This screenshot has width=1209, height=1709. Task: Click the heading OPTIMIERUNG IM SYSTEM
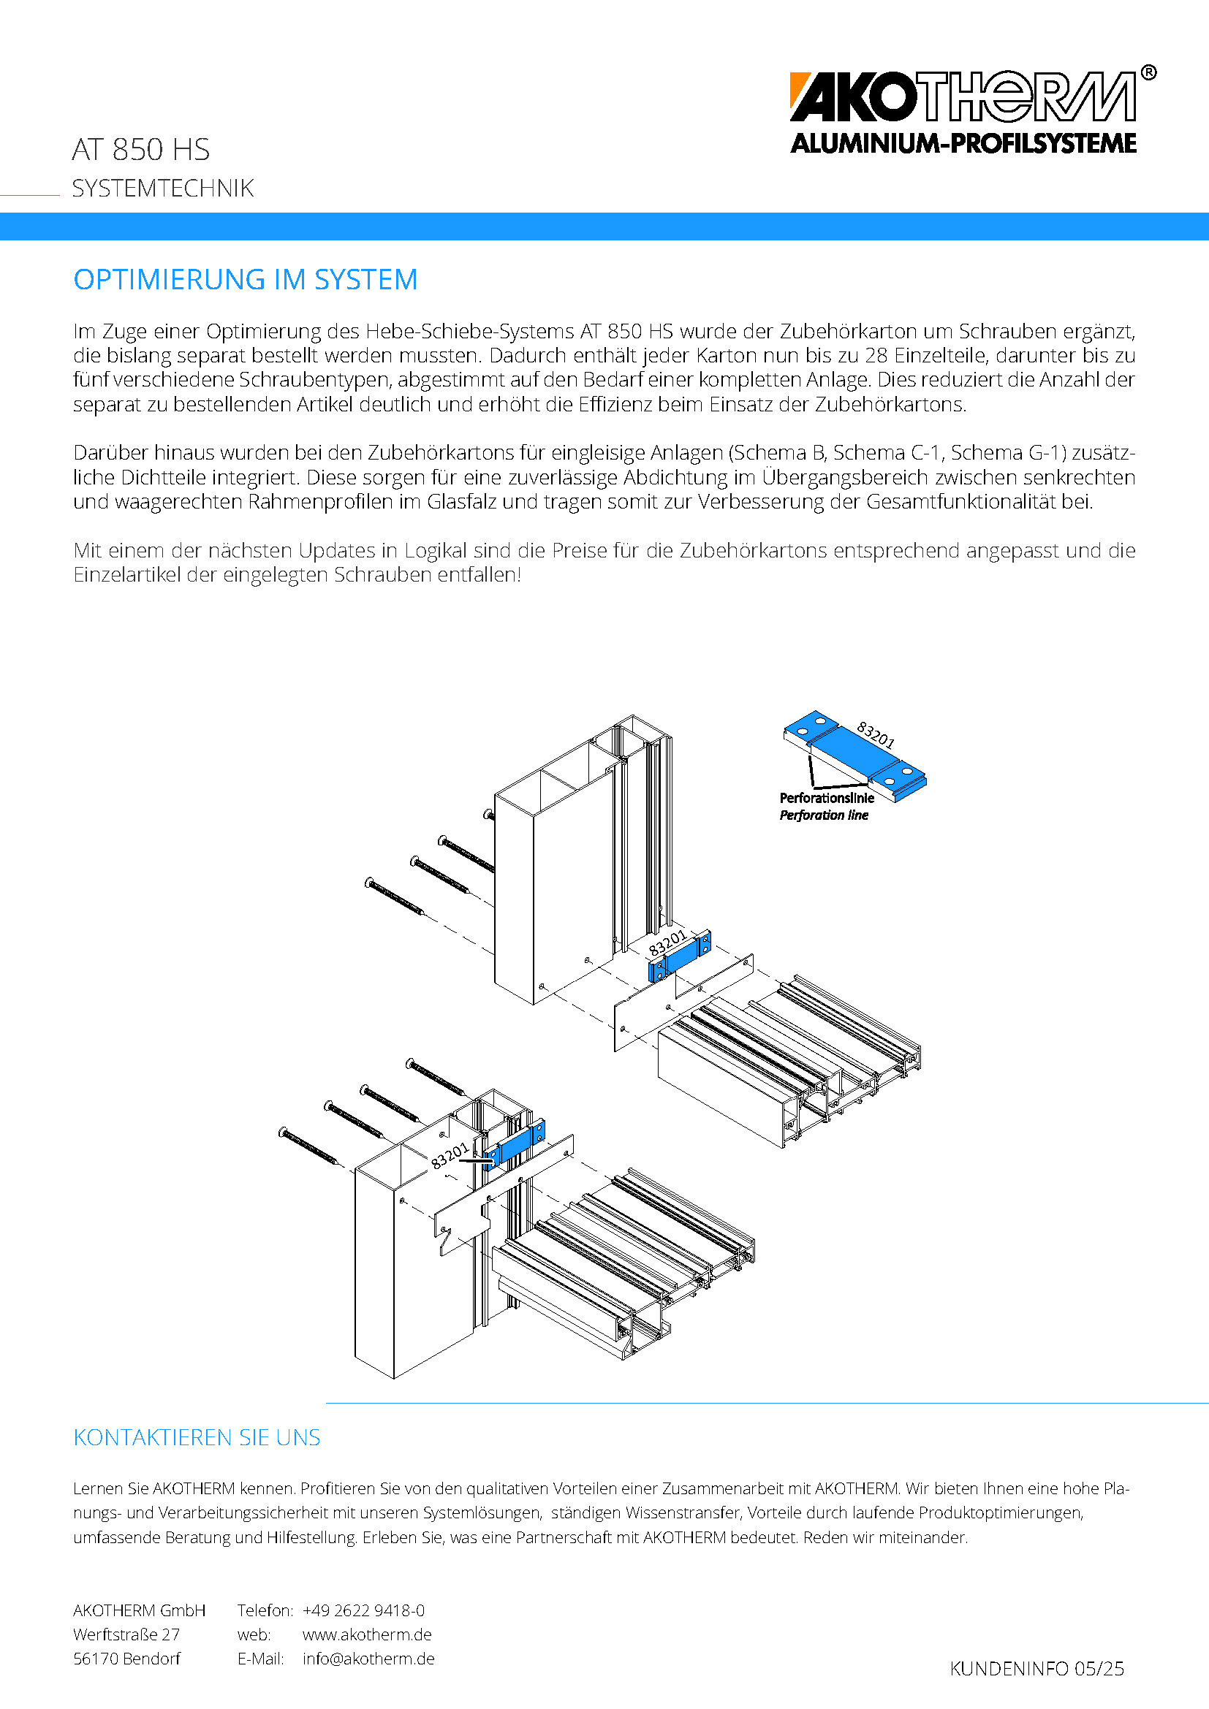tap(245, 280)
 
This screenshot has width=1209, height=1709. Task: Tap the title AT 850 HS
tap(140, 150)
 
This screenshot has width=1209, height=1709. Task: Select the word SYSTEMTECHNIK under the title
tap(162, 189)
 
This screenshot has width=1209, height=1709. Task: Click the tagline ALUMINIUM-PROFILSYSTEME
tap(963, 144)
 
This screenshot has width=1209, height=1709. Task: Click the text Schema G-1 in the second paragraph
tap(998, 452)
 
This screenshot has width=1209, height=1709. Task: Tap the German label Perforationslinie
tap(827, 798)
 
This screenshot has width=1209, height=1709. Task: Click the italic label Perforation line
tap(823, 815)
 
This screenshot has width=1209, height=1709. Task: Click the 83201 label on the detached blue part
tap(876, 734)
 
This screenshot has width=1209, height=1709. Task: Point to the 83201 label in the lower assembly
tap(450, 1155)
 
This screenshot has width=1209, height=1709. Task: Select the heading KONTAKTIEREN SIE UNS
tap(197, 1437)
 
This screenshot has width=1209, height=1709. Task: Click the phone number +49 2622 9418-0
tap(363, 1610)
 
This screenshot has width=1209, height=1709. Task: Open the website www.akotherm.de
tap(366, 1634)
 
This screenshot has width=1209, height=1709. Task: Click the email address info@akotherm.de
tap(368, 1659)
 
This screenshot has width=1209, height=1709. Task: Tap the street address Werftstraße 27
tap(126, 1634)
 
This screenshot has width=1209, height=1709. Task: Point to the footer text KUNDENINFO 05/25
tap(1036, 1669)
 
